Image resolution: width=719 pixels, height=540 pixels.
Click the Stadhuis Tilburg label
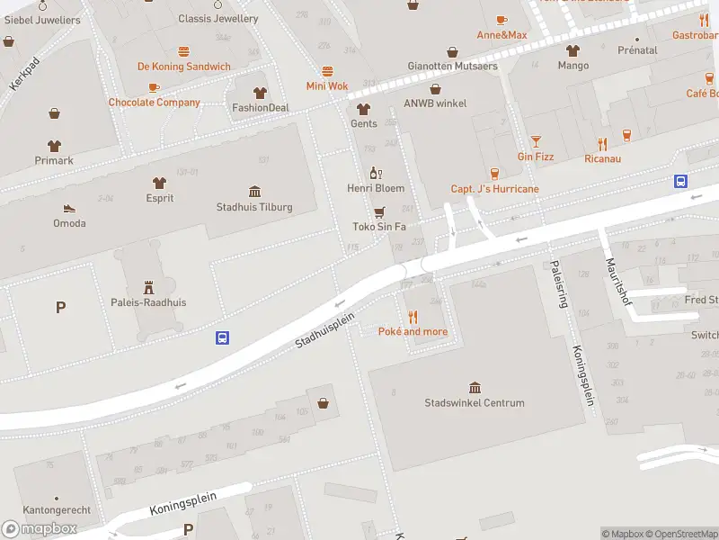point(254,207)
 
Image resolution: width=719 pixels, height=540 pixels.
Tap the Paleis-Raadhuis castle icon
point(148,286)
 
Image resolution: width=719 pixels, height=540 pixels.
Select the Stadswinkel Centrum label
point(474,402)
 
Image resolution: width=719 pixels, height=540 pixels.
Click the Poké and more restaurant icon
point(413,316)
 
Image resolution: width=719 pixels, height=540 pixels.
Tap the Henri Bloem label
point(376,188)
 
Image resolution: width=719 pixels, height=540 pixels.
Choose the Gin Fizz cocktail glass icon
point(536,141)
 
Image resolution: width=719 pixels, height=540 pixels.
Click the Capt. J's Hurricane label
point(494,189)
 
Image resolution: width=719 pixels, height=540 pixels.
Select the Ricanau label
point(602,158)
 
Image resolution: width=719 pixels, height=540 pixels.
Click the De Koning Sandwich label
point(183,67)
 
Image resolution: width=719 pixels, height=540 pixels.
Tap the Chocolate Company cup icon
point(154,87)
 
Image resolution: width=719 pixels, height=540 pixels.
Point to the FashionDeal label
point(261,108)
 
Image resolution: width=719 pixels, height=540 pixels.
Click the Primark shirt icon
point(54,145)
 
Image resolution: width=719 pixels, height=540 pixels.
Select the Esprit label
point(160,198)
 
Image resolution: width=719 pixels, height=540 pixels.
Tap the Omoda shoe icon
point(69,207)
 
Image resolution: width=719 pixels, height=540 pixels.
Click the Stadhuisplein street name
point(325,330)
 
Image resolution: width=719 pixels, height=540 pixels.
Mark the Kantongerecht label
point(56,510)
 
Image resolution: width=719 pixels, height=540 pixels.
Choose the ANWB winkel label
point(435,103)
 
